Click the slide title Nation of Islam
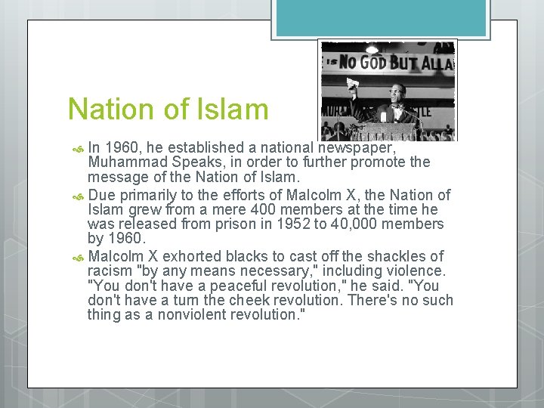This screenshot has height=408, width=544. pos(168,110)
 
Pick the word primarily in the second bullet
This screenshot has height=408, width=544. pos(148,194)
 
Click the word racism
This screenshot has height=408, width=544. pos(110,271)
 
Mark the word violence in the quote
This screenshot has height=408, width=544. pos(418,271)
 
